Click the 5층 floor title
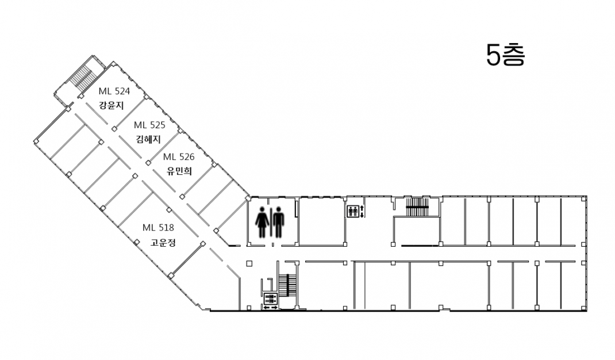(505, 55)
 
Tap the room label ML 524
(114, 91)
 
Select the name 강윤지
(112, 105)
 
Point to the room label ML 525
(149, 125)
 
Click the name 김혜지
(148, 139)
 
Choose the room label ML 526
(178, 156)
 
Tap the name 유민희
(179, 171)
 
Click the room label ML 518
(158, 227)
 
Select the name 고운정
(163, 242)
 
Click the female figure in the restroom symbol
(262, 222)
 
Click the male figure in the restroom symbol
(279, 222)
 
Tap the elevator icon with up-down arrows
(352, 211)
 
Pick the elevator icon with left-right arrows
(270, 298)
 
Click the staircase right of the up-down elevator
(417, 207)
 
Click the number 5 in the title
(494, 55)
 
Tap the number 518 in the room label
(166, 227)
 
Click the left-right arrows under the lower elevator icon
(270, 308)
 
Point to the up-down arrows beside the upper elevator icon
(362, 211)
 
